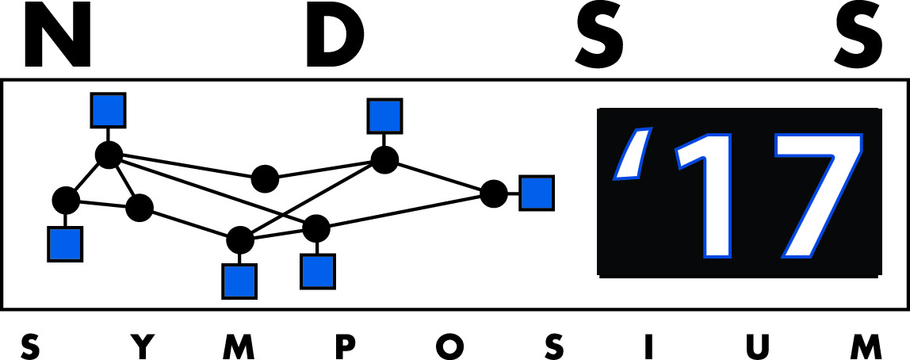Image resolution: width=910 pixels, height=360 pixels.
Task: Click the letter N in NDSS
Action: [57, 36]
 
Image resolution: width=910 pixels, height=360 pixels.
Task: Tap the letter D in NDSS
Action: [335, 36]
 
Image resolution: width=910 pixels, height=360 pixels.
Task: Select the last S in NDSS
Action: [858, 36]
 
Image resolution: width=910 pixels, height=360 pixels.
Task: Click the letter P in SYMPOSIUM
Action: [346, 346]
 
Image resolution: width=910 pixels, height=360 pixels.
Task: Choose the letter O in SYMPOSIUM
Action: [449, 346]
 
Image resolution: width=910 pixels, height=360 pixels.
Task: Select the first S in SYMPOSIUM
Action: [30, 346]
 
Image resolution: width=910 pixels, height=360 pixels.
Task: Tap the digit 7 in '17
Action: [818, 196]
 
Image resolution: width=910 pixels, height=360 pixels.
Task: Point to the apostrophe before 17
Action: [633, 153]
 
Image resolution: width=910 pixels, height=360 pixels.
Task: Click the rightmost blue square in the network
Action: [536, 193]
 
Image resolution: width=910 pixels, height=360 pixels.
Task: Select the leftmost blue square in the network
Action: [65, 244]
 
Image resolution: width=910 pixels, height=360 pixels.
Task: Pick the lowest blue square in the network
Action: [239, 281]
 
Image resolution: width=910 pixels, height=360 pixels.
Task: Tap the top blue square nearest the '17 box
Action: [384, 116]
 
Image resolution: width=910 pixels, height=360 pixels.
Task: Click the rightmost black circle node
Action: [494, 193]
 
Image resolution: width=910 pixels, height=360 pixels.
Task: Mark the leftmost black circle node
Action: [66, 201]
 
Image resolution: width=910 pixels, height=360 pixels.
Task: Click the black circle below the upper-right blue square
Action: [384, 159]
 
